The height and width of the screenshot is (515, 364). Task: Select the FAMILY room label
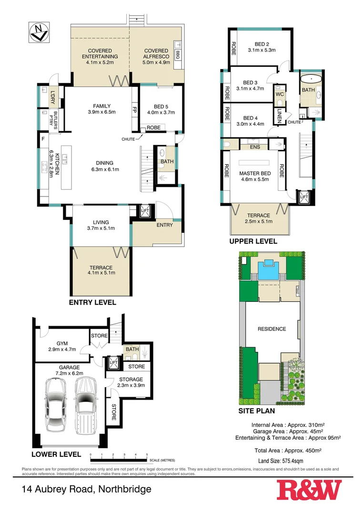[101, 106]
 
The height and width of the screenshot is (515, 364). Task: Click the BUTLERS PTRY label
[56, 117]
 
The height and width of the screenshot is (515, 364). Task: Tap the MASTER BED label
[255, 176]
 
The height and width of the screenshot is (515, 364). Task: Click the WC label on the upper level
[280, 94]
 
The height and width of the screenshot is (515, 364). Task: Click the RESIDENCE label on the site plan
[272, 329]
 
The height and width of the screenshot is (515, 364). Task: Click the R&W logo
[309, 490]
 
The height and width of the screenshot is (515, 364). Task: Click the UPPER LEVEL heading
[253, 242]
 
